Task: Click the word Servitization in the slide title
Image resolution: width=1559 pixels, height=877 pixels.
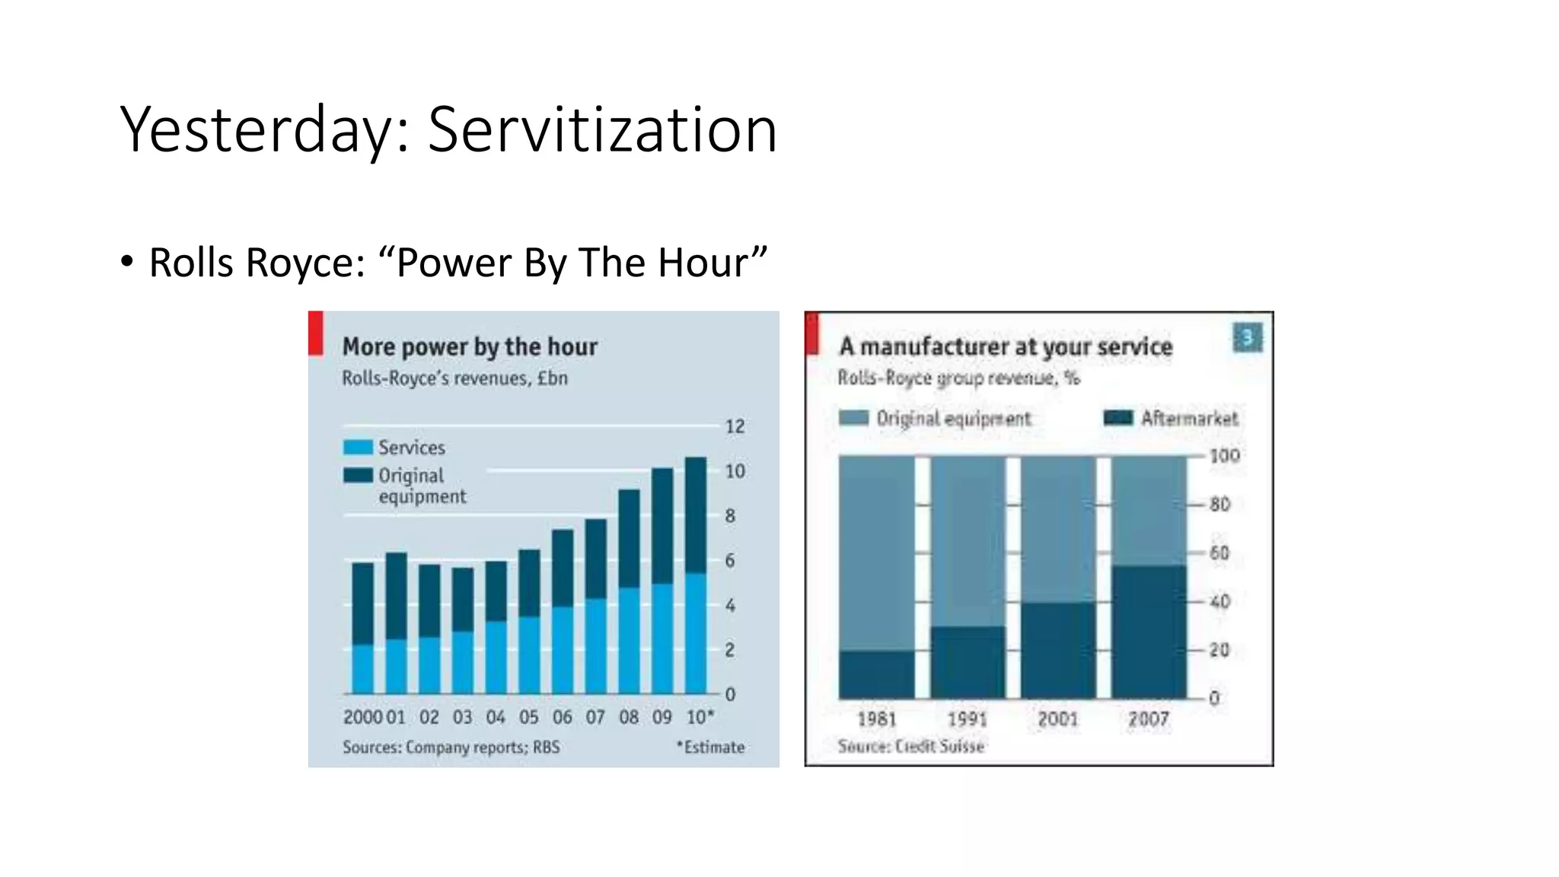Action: (602, 129)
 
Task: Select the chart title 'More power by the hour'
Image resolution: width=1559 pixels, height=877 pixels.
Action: (469, 346)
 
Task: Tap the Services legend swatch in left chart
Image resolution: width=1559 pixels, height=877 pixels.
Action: (358, 448)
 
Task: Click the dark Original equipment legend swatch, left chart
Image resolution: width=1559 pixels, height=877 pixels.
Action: (358, 476)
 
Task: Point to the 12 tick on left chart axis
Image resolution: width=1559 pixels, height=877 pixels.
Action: (735, 426)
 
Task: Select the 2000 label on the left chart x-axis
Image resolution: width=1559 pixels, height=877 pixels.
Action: (362, 717)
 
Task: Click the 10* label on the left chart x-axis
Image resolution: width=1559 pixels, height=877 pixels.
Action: (700, 717)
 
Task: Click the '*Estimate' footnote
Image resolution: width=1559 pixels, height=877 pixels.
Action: (710, 748)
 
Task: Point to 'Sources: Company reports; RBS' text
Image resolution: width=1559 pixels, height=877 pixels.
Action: (451, 748)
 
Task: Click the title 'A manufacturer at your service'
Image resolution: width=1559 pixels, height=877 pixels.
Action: (1005, 346)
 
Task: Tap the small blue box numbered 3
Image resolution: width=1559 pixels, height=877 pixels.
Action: (1247, 337)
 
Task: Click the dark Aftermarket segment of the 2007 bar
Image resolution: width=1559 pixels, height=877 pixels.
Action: (1149, 632)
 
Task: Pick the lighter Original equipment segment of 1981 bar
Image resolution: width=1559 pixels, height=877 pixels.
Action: (876, 552)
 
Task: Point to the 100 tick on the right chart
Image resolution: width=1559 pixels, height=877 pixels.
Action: (1224, 456)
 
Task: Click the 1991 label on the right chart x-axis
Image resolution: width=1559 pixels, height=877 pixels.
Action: (967, 719)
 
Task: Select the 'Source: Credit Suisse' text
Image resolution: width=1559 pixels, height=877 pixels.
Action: (910, 747)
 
